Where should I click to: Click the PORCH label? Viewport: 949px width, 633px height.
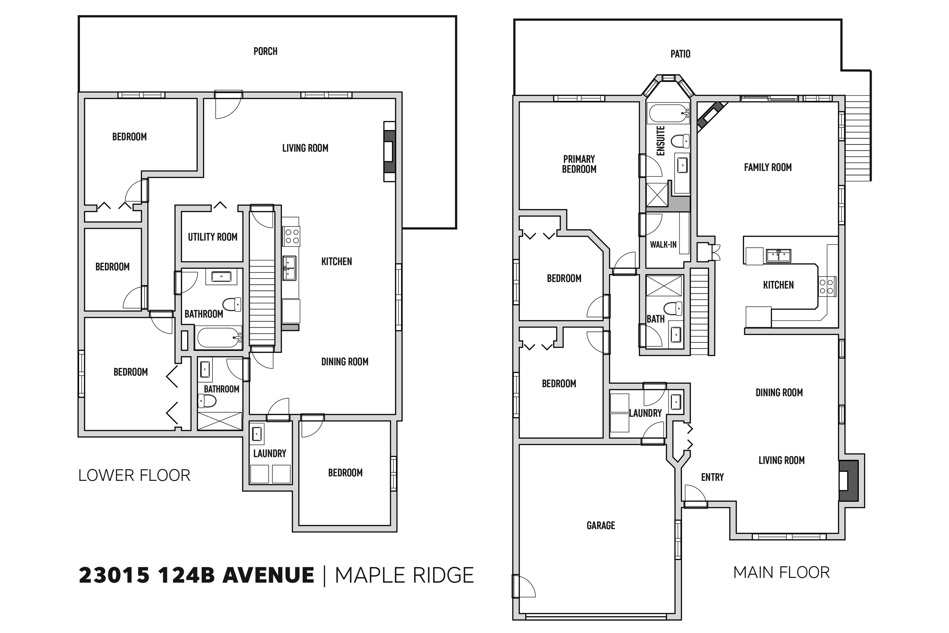tap(265, 51)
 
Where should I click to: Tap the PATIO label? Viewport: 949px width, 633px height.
tap(680, 54)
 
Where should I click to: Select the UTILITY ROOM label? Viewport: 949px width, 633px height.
tap(213, 237)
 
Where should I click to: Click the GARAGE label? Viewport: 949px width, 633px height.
tap(601, 525)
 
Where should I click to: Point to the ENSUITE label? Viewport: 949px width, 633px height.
tap(660, 141)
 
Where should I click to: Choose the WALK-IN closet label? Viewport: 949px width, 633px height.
tap(663, 244)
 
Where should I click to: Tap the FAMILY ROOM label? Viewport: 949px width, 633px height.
tap(768, 167)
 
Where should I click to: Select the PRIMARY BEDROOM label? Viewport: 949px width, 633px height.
tap(579, 164)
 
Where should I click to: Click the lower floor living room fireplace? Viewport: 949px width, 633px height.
tap(389, 151)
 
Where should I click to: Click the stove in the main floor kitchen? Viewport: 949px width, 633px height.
tap(827, 286)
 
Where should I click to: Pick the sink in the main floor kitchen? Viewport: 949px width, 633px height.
tap(778, 256)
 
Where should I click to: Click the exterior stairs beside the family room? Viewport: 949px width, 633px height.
tap(858, 138)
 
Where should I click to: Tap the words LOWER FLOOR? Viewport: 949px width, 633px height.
tap(134, 475)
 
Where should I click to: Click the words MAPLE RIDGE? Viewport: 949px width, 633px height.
tap(404, 575)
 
